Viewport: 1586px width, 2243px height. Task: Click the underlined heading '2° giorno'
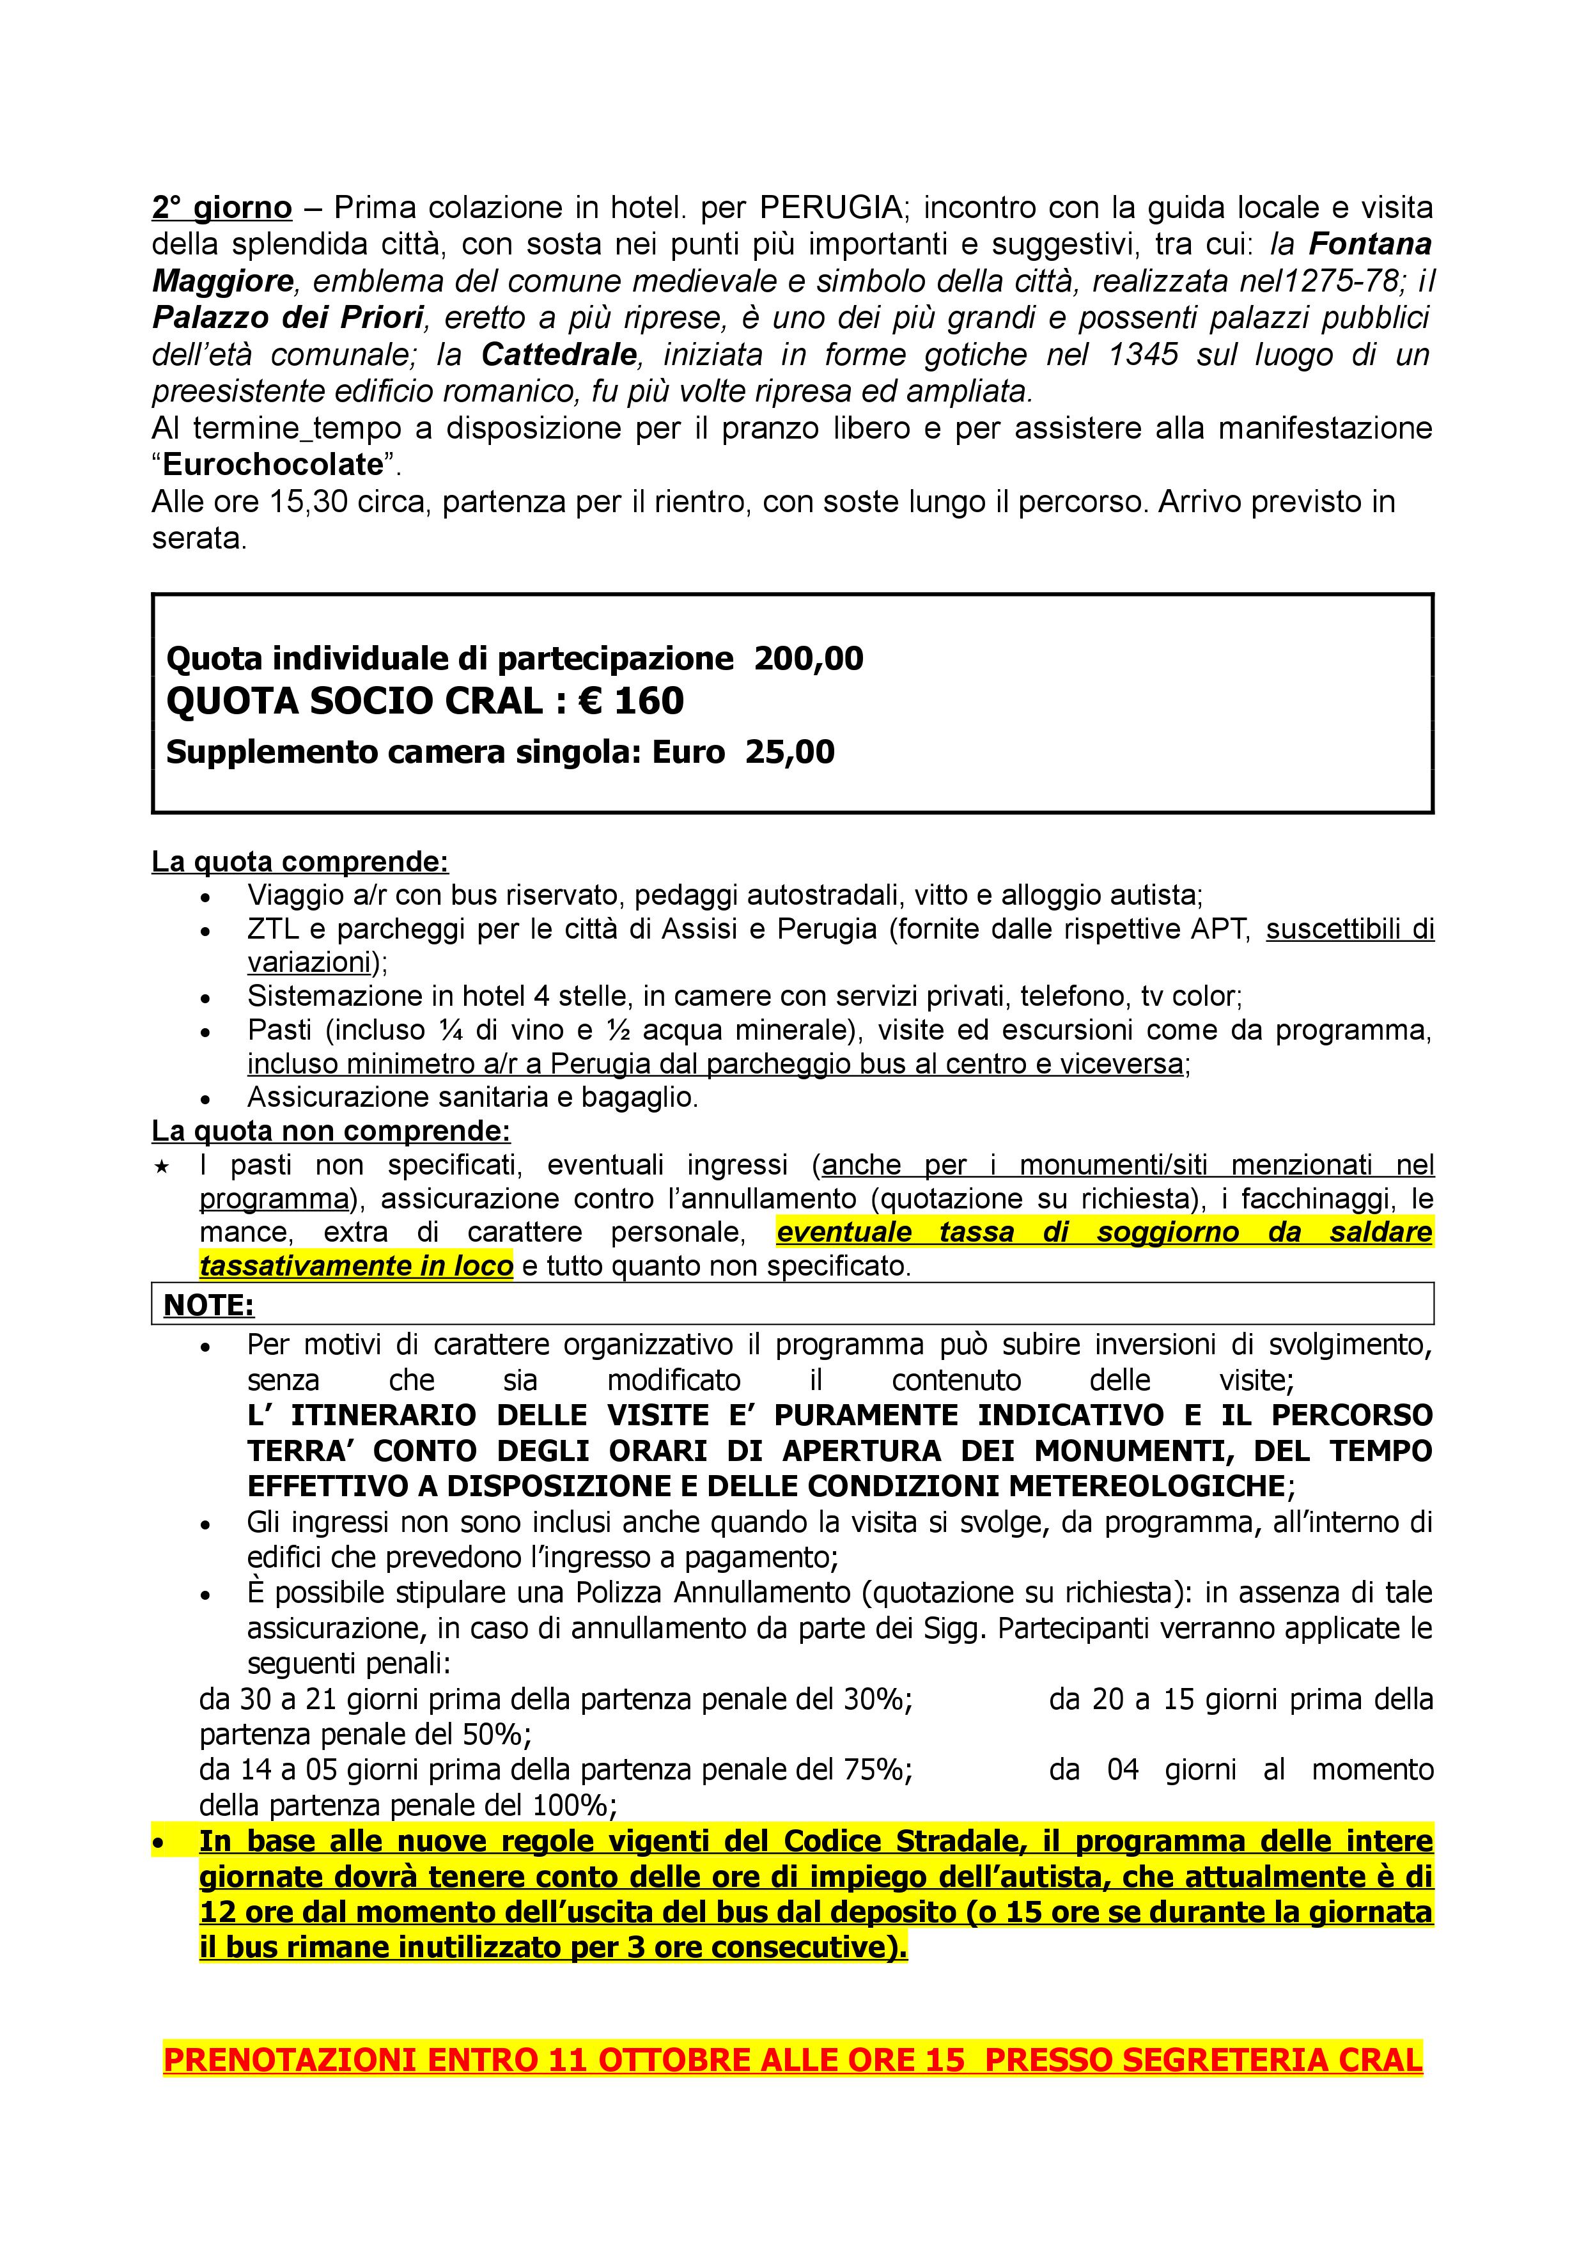[222, 208]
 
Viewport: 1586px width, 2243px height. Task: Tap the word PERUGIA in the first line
[830, 208]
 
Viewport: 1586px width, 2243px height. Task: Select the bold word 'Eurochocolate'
[272, 464]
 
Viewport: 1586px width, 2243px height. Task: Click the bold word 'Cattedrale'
[559, 354]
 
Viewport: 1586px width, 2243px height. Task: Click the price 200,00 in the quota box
[809, 659]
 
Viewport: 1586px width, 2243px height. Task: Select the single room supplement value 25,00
[790, 752]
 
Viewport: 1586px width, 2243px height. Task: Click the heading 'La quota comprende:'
[300, 862]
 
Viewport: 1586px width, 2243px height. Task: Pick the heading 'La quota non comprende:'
[330, 1131]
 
